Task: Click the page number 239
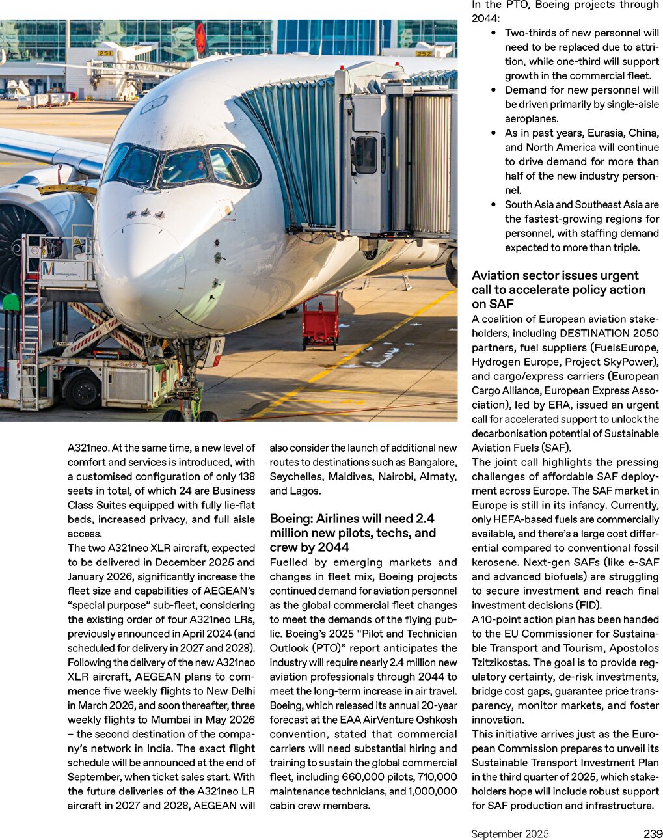click(x=653, y=833)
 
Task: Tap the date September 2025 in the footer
click(x=510, y=834)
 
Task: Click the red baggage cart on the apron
click(x=321, y=321)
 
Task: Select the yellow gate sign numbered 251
click(x=105, y=53)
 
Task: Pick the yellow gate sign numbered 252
click(x=424, y=53)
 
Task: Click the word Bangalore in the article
click(x=431, y=462)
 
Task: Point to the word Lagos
click(x=306, y=491)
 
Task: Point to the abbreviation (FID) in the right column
click(x=589, y=605)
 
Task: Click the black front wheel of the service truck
click(x=82, y=390)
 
